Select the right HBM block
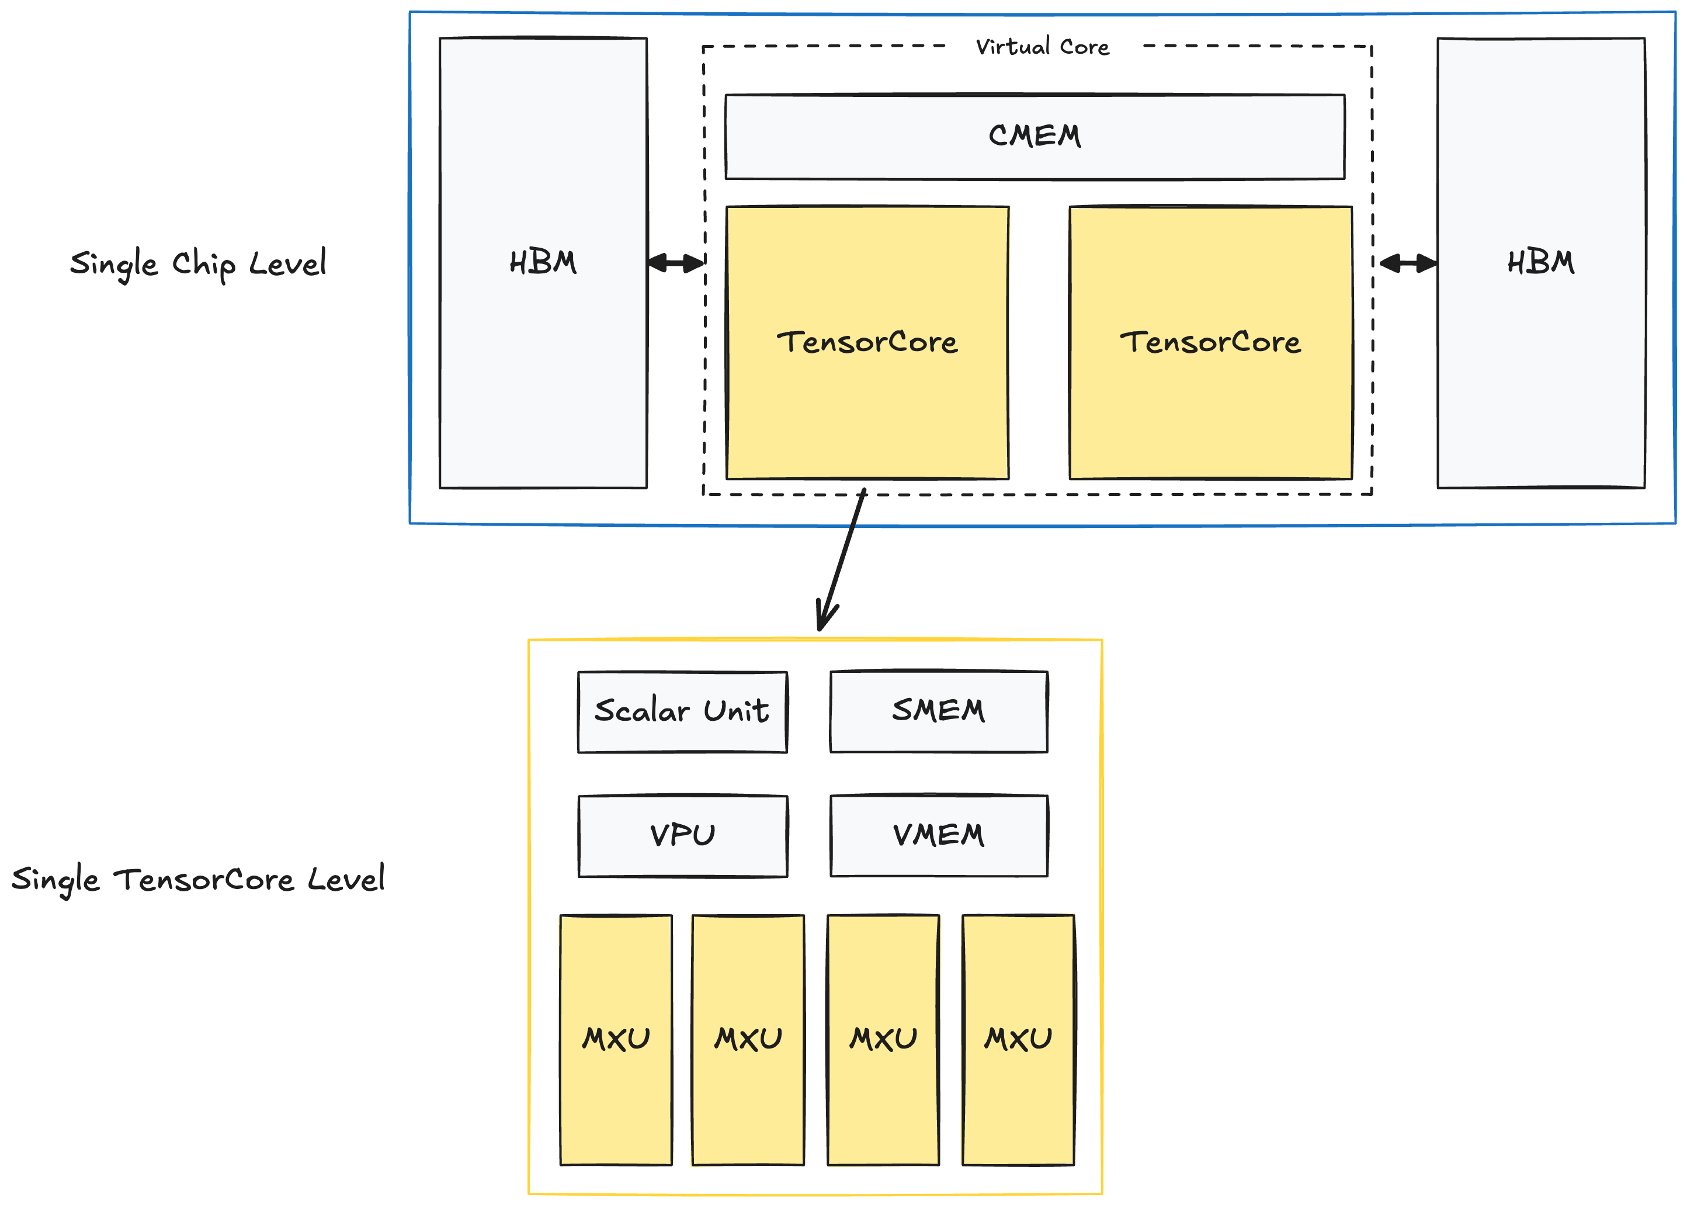(1540, 263)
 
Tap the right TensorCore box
(1210, 342)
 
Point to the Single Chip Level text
(197, 263)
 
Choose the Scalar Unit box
(682, 711)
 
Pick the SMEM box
(939, 711)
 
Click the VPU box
(682, 835)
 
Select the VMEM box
(939, 835)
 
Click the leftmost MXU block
(616, 1039)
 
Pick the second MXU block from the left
(748, 1039)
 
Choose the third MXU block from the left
(883, 1039)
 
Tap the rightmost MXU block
(1018, 1039)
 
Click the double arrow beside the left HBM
(675, 263)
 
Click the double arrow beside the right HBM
(1407, 263)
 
